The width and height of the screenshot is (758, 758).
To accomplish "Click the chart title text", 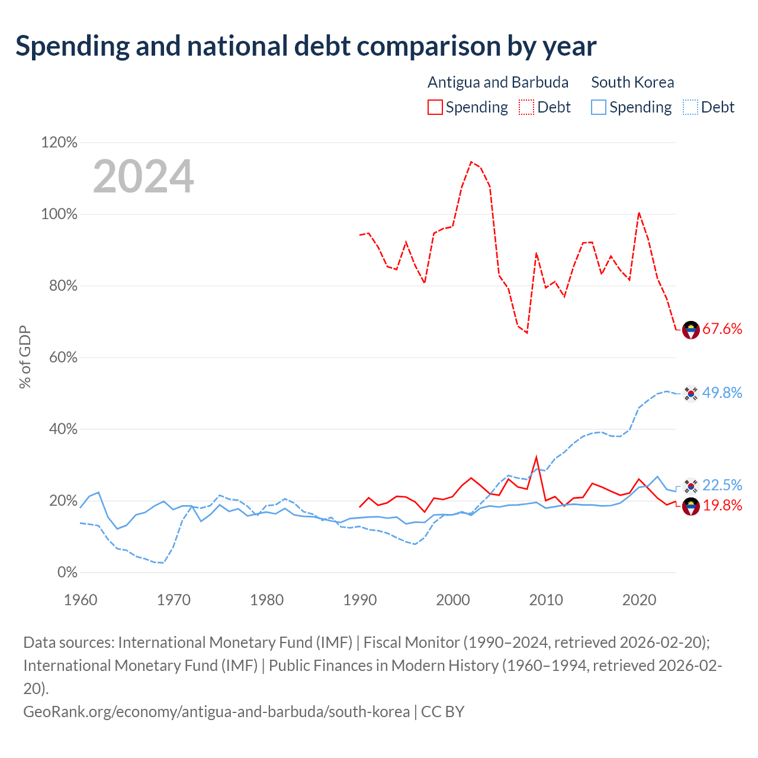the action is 306,46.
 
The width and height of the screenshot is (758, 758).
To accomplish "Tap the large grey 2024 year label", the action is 143,176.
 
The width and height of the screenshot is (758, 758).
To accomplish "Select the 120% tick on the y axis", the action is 59,142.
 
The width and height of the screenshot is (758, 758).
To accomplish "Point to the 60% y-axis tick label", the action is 63,357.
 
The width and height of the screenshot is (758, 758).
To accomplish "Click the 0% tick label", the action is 68,572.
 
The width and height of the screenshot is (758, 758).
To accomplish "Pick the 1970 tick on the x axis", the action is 174,600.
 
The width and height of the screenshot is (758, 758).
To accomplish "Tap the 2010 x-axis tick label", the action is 546,600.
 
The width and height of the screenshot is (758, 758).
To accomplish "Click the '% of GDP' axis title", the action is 25,356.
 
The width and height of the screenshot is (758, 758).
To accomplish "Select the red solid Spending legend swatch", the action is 435,107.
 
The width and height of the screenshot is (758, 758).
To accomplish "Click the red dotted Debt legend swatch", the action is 526,107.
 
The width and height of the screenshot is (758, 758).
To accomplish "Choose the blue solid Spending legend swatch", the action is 598,107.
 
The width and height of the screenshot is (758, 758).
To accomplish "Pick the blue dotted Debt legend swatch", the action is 690,107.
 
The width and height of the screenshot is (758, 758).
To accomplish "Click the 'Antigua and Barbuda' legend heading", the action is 498,82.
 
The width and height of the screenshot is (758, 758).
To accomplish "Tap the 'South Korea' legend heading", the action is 632,82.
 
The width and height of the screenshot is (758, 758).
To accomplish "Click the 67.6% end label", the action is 722,329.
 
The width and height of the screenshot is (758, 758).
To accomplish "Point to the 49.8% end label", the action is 722,393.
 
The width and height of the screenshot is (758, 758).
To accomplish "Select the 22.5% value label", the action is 722,485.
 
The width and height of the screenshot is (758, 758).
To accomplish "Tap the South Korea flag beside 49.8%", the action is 690,393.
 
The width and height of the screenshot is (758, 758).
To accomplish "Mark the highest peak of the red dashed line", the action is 471,162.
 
